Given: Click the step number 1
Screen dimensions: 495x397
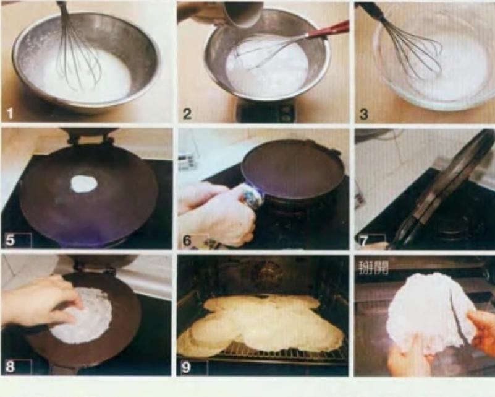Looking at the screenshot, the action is point(10,113).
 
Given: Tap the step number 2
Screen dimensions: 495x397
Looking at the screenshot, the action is point(187,113).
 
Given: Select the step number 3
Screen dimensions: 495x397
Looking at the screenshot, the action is point(363,113).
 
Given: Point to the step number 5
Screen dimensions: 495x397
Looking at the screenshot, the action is point(10,240).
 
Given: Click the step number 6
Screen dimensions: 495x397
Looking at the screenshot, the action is point(187,240).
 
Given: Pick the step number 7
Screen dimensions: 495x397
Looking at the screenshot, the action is point(363,241).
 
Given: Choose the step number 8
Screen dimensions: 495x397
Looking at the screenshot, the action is point(10,366).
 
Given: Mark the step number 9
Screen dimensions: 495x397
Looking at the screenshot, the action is point(186,367).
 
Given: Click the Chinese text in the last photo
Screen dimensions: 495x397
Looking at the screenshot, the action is point(373,268).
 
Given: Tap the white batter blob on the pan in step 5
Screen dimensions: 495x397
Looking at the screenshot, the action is point(83,184).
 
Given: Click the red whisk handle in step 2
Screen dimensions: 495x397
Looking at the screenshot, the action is point(328,30).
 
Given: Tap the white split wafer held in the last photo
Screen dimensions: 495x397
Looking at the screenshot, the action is point(431,313).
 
